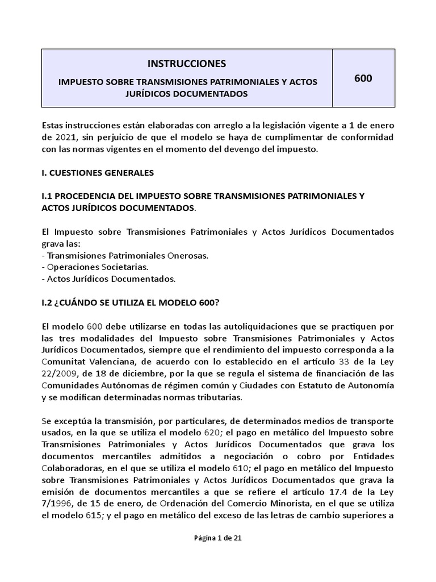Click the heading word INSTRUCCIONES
(x=187, y=63)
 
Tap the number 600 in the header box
(x=363, y=78)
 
